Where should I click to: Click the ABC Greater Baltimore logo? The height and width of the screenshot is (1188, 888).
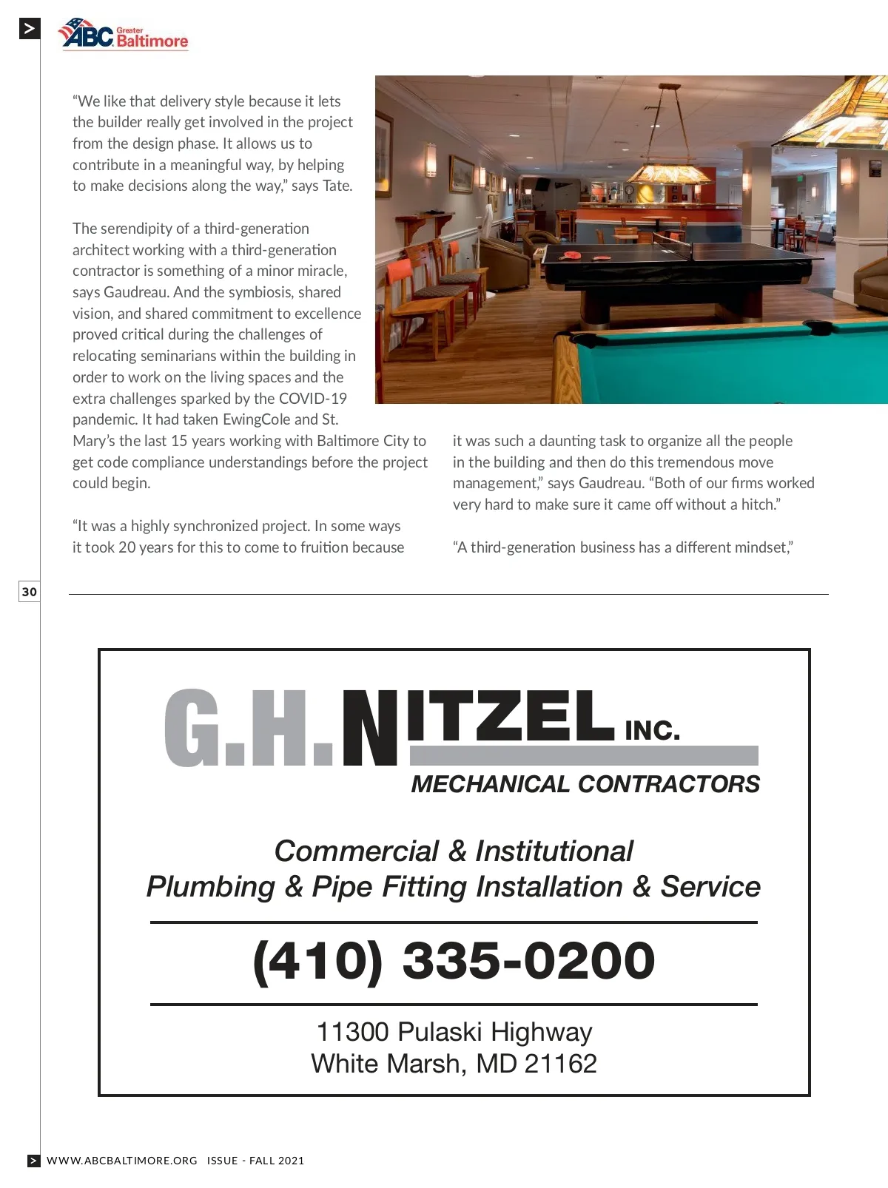click(123, 35)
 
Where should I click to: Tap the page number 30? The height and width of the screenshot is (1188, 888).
click(29, 592)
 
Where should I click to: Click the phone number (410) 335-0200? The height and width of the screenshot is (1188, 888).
click(454, 961)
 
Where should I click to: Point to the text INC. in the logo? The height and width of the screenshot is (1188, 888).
click(652, 731)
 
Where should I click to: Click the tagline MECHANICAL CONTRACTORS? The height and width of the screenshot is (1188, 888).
click(585, 784)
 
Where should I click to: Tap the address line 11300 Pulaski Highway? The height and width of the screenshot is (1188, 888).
click(454, 1032)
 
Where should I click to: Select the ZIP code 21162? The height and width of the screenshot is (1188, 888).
click(560, 1064)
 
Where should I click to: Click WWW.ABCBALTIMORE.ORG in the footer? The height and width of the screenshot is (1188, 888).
click(122, 1161)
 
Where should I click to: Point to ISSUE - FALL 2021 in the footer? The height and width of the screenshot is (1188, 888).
click(255, 1161)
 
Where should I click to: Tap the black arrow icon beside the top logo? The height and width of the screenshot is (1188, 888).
click(30, 29)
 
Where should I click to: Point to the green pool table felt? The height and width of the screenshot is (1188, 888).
click(740, 370)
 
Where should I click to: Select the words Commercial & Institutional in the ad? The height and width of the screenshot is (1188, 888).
click(454, 851)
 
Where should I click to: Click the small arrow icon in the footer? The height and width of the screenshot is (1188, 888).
click(34, 1161)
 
